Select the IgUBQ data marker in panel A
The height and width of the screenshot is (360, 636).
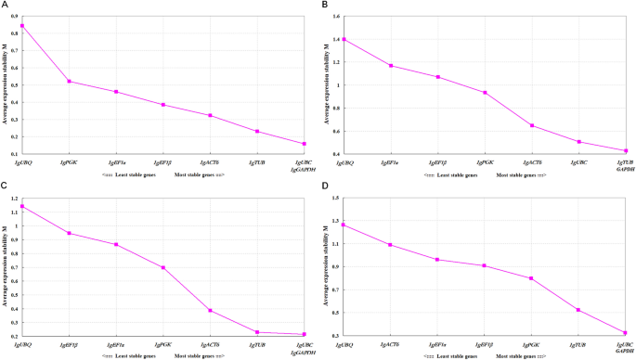click(x=22, y=25)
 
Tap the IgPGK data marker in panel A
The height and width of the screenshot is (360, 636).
click(x=69, y=82)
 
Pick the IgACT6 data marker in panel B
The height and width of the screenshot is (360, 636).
click(x=532, y=125)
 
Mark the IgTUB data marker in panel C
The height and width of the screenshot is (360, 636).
click(x=257, y=332)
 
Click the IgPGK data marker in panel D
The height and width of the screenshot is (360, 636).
click(x=532, y=278)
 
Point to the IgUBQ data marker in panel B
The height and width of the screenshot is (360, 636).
click(x=344, y=39)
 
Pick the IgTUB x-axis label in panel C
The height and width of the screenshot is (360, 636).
click(x=257, y=343)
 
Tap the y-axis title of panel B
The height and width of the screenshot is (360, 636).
click(x=330, y=84)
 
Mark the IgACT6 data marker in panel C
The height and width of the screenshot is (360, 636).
click(x=210, y=310)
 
